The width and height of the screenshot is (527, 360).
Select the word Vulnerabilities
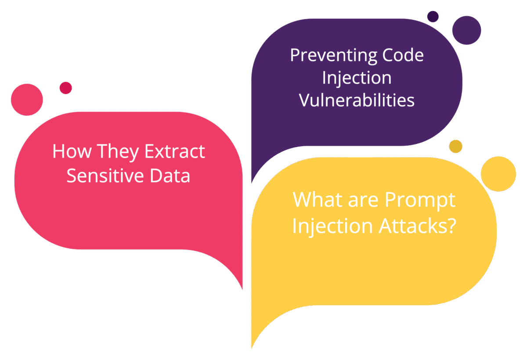point(357,100)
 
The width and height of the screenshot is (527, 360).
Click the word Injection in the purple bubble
point(357,78)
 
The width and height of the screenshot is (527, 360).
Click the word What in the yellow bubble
point(315,200)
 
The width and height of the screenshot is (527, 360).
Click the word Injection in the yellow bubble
point(326,226)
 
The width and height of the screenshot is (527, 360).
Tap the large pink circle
point(27,100)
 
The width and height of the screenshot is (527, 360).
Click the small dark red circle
point(65,88)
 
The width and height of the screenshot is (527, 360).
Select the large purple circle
point(466,30)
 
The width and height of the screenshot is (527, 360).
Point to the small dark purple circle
point(433,16)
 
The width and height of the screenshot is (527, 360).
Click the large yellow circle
point(498,173)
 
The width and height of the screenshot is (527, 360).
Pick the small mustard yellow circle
point(456,146)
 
